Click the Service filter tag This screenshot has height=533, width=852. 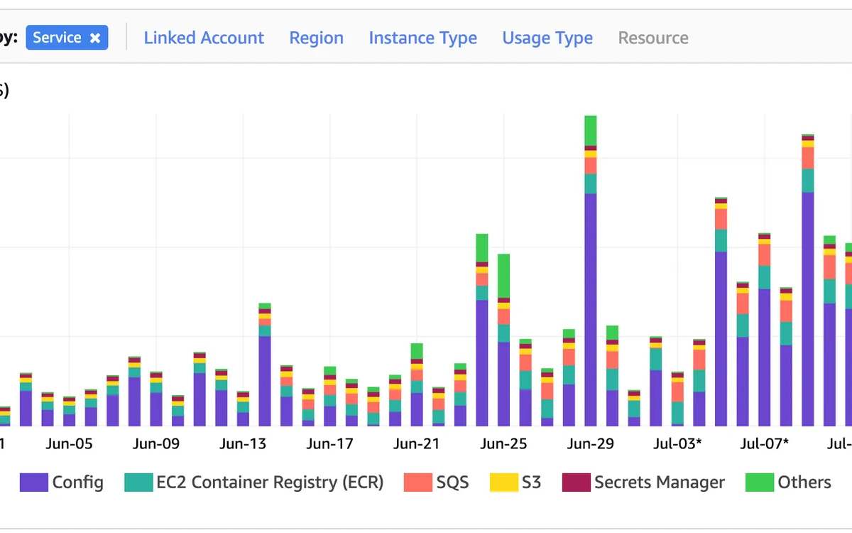pos(58,38)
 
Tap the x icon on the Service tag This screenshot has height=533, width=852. pos(95,38)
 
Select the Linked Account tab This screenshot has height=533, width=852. pos(204,38)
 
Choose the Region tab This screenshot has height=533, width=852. pos(316,38)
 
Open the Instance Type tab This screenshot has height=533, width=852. pos(422,38)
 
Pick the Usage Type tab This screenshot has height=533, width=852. pos(547,38)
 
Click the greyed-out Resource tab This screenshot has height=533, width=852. pos(653,38)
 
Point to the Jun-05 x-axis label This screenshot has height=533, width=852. pos(69,444)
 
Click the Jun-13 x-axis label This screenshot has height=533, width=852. pos(243,444)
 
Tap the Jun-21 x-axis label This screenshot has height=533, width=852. pos(417,444)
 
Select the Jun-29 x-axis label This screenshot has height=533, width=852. pos(590,444)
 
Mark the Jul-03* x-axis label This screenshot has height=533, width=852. pos(678,444)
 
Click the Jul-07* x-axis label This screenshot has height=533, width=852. pos(765,444)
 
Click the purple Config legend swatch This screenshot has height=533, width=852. pos(33,483)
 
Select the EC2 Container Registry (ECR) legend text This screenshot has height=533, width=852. pos(270,483)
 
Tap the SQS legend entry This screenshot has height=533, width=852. pos(452,483)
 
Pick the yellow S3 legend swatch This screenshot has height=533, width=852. pos(503,483)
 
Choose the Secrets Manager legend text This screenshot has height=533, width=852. pos(659,483)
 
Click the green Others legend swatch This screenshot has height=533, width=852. pos(759,483)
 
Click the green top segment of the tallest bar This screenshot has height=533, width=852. pos(591,130)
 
